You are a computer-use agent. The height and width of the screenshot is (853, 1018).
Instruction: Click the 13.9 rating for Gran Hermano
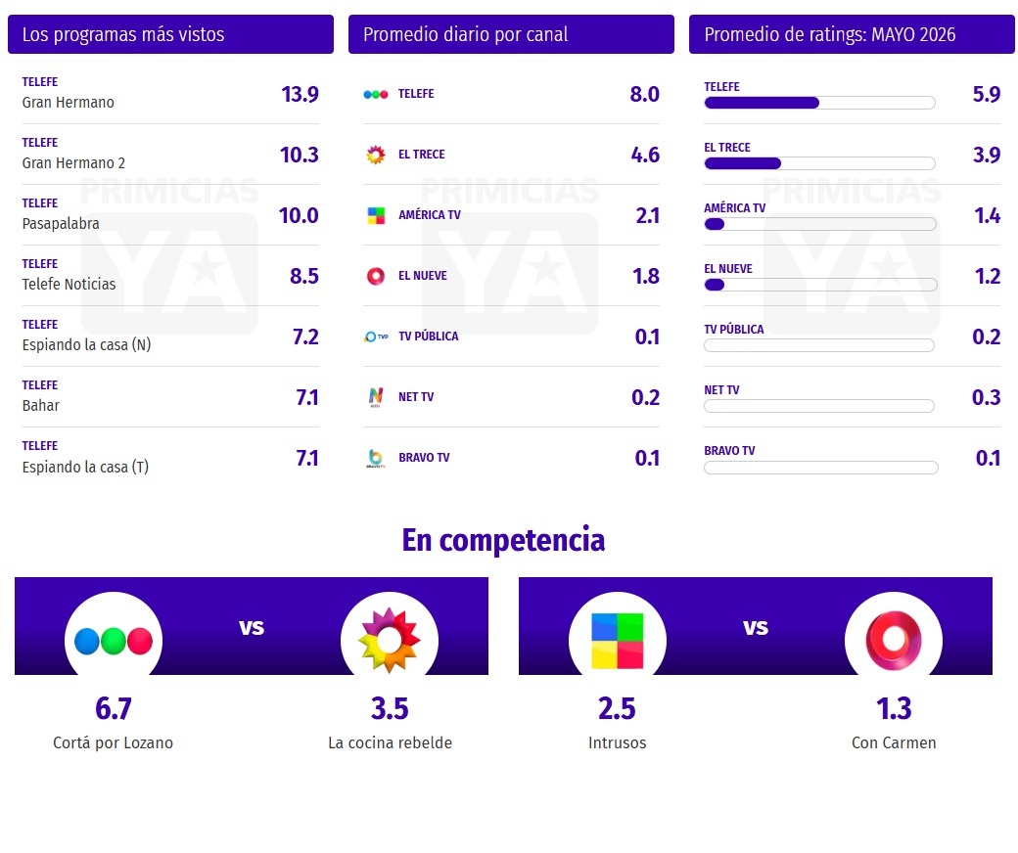pos(300,95)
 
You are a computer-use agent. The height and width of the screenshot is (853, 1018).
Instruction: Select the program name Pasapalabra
pos(61,224)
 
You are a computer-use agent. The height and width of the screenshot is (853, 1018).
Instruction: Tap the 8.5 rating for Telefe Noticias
pos(304,276)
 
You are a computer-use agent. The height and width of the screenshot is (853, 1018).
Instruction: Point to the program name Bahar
pos(41,405)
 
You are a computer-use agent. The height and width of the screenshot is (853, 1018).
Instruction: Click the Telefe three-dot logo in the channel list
pos(376,94)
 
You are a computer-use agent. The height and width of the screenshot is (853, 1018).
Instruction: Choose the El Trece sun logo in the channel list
pos(376,155)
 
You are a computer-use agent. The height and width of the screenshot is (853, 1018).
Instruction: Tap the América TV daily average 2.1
pos(647,215)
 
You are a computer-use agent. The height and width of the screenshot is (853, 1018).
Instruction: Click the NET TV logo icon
pos(376,397)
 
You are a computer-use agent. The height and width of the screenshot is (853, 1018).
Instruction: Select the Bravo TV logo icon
pos(376,458)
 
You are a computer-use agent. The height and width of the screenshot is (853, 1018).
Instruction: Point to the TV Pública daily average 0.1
pos(647,337)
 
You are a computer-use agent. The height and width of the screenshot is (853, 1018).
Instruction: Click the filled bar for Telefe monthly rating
pos(762,103)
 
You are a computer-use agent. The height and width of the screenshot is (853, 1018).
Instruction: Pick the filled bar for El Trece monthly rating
pos(743,163)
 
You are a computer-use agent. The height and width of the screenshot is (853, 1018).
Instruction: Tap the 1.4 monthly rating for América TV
pos(988,215)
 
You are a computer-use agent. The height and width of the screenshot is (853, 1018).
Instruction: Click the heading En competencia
pos(503,540)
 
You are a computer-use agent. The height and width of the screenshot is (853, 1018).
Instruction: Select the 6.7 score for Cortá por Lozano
pos(114,708)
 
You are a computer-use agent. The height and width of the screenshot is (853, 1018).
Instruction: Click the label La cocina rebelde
pos(391,742)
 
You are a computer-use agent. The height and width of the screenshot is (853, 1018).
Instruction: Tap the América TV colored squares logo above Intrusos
pos(618,641)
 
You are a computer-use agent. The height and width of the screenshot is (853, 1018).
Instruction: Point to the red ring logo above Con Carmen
pos(894,641)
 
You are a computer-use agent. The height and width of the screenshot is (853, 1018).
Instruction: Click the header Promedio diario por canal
pos(466,34)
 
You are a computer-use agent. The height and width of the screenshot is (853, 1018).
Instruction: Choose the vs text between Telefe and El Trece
pos(252,627)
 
